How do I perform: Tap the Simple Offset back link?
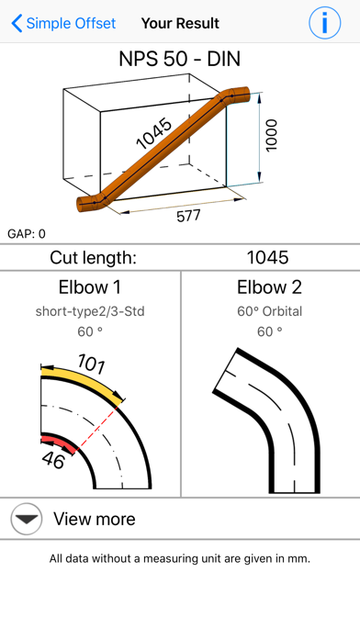(x=63, y=23)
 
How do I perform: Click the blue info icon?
(x=324, y=23)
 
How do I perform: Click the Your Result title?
(x=180, y=23)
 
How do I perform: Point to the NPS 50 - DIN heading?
(x=180, y=59)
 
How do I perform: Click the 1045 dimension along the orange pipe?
(x=154, y=134)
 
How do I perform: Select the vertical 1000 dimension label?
(x=271, y=135)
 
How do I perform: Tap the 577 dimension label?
(x=188, y=216)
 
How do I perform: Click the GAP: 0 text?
(x=27, y=234)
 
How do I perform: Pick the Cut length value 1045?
(x=267, y=258)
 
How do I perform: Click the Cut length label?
(x=93, y=258)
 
